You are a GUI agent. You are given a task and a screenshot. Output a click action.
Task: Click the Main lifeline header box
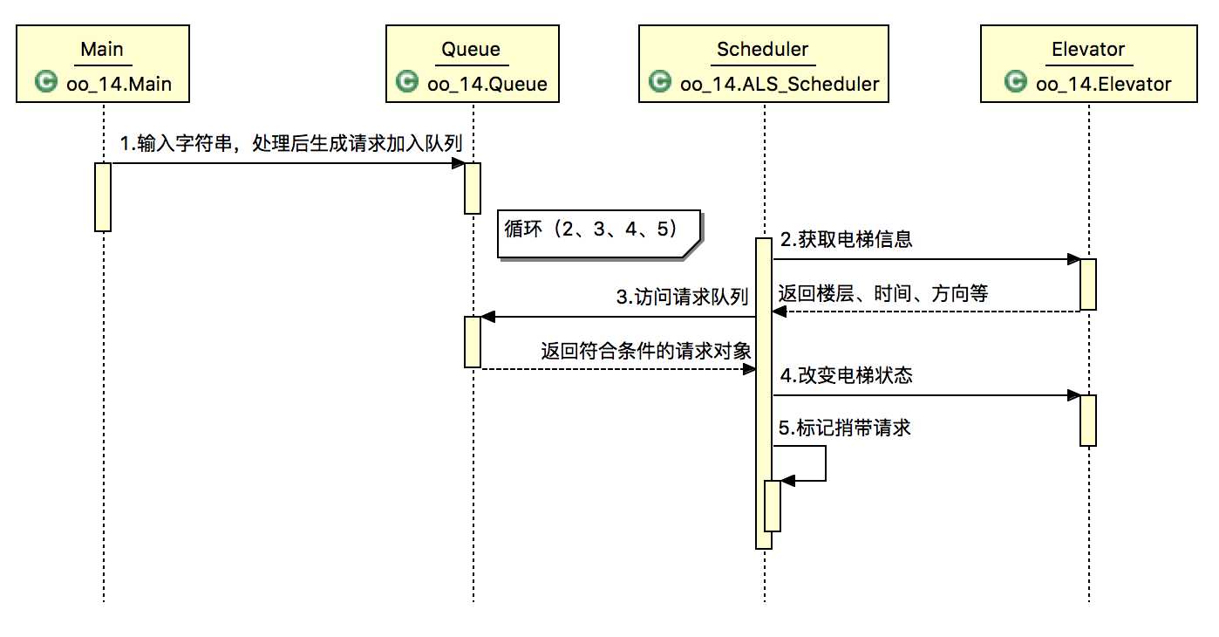[102, 65]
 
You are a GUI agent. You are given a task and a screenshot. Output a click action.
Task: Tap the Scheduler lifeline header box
[763, 65]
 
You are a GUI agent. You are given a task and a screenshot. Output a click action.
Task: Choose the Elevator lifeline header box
[1088, 65]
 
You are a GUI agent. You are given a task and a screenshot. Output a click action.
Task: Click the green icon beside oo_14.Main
[45, 83]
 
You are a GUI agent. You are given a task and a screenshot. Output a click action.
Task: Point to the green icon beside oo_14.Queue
[405, 83]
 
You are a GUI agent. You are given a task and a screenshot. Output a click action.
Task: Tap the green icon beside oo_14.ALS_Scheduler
[659, 83]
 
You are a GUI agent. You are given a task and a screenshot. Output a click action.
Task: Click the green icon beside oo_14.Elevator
[1015, 83]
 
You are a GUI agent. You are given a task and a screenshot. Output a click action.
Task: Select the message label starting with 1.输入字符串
[290, 143]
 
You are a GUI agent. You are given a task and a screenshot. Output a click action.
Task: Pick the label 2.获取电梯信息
[846, 239]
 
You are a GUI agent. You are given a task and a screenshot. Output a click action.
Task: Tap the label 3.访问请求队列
[682, 298]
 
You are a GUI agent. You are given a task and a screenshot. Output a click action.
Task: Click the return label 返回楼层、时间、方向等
[882, 294]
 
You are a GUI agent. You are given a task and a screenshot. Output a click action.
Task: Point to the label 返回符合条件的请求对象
[646, 351]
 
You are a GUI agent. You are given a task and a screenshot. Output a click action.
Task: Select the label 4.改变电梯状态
[846, 375]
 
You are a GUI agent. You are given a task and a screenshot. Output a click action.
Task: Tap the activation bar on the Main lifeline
[103, 196]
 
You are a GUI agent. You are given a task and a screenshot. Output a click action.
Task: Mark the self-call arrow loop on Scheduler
[824, 463]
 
